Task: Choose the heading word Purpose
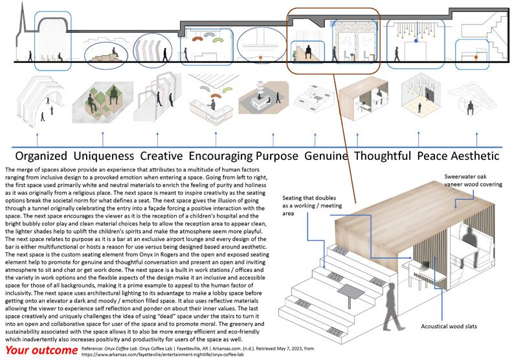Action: click(277, 155)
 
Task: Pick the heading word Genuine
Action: click(327, 155)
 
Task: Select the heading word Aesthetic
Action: click(476, 155)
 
